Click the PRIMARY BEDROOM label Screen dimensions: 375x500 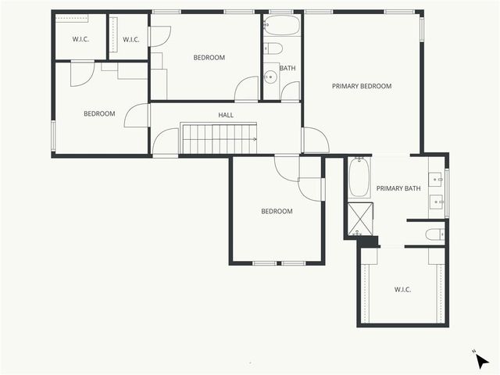coord(361,86)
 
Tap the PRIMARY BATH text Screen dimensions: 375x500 coord(398,188)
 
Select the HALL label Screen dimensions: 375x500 coord(226,115)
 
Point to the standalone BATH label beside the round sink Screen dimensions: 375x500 coord(287,68)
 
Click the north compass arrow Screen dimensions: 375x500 coord(482,360)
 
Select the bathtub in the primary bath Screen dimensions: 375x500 coord(358,178)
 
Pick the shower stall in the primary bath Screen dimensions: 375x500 coord(360,218)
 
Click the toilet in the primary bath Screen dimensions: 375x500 coord(434,234)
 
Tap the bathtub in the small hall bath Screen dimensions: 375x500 coord(280,26)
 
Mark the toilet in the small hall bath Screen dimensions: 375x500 coord(273,48)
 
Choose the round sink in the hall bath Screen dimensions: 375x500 coord(270,77)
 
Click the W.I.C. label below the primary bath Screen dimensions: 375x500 coord(402,289)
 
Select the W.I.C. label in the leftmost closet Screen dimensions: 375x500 coord(80,39)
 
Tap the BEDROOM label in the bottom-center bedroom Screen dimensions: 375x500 coord(277,211)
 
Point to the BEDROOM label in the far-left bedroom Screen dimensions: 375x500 coord(99,113)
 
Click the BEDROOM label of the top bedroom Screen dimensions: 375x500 coord(209,57)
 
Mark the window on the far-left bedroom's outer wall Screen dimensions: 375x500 coord(53,134)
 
